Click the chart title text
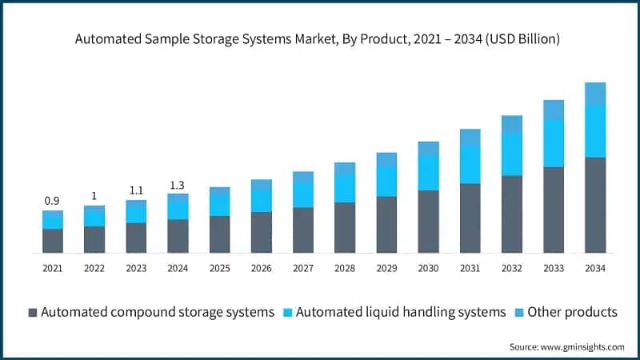(319, 38)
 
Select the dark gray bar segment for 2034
(595, 205)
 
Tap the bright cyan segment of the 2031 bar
(470, 165)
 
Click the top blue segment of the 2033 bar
(554, 110)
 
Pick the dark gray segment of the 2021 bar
(53, 241)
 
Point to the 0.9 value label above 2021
(52, 200)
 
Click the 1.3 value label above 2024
(178, 185)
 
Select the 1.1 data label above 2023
(136, 190)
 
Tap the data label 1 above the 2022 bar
(94, 196)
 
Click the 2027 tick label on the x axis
(303, 269)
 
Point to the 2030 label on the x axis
(428, 269)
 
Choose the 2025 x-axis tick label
(219, 269)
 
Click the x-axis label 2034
(595, 269)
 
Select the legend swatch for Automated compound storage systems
(32, 312)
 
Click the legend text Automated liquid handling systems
(401, 312)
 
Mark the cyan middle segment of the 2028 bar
(345, 188)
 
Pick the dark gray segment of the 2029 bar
(386, 225)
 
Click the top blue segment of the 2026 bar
(262, 184)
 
